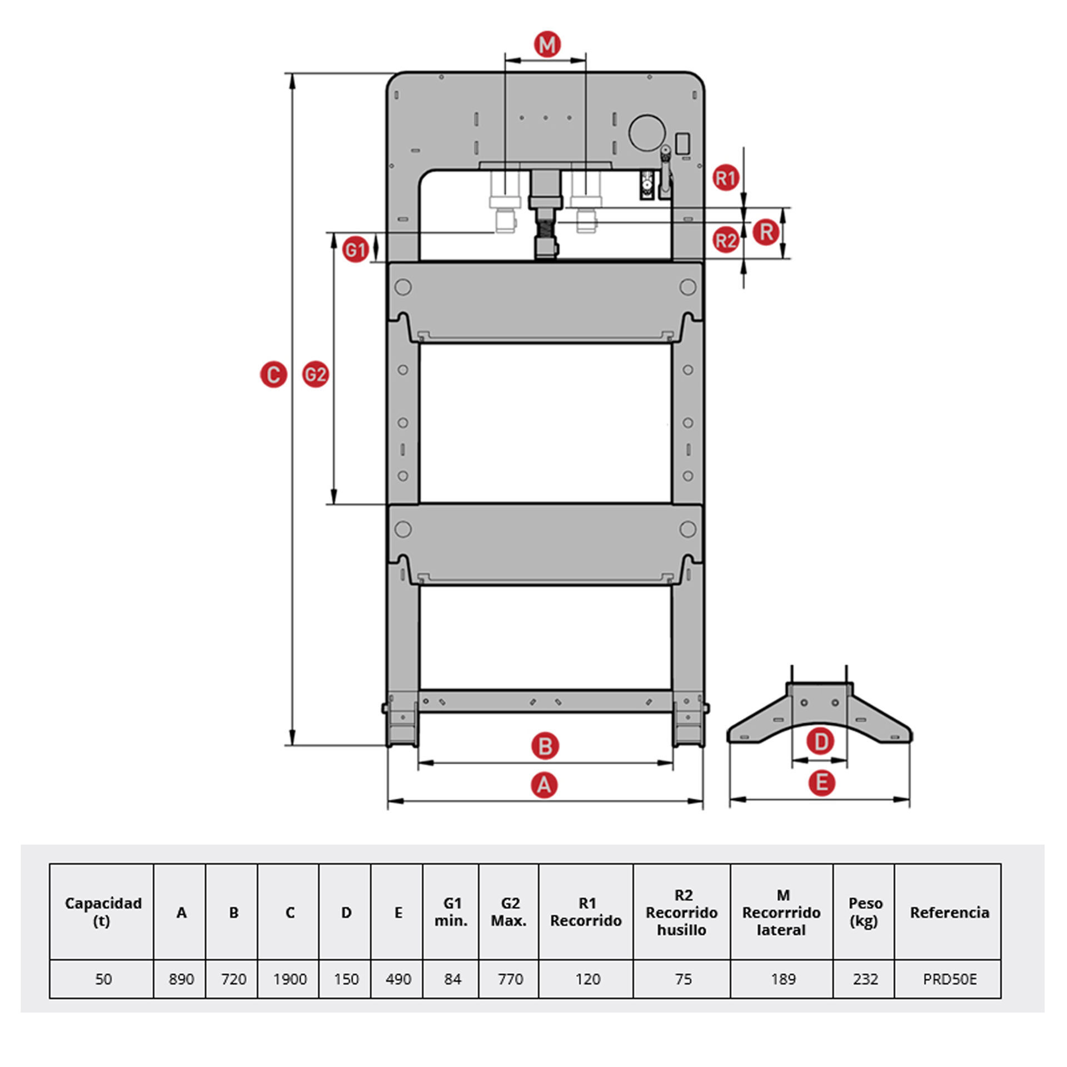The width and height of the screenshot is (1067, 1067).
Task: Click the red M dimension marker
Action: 547,44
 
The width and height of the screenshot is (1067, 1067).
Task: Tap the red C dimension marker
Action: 273,375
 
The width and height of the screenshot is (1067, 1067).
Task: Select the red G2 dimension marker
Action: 315,375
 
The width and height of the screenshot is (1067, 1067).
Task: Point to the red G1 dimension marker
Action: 355,250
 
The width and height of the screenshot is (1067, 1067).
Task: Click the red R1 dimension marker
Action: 725,178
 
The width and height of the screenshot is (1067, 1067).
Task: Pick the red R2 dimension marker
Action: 725,240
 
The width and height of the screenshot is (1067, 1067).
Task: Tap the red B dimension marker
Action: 545,746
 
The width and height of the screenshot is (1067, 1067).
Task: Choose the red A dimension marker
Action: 544,785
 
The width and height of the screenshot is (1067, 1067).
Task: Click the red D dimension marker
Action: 820,741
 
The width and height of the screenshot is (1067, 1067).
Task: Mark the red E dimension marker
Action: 821,783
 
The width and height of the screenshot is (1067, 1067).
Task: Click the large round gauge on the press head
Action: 647,133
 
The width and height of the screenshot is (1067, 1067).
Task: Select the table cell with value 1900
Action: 290,979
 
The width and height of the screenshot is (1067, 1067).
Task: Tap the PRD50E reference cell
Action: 949,979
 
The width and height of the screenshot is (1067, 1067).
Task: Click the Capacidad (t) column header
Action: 103,912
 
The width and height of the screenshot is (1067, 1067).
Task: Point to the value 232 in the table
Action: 865,979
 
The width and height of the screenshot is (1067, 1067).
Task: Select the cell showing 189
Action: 782,979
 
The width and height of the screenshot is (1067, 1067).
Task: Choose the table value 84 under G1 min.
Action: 452,979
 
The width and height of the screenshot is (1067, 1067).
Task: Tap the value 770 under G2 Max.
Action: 510,979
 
